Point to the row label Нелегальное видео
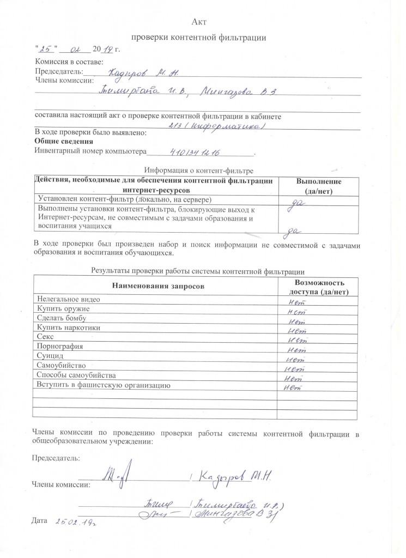click(68, 299)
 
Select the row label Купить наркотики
click(68, 328)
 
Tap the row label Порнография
click(59, 347)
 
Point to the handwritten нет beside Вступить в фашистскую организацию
click(293, 387)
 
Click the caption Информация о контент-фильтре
click(198, 171)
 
